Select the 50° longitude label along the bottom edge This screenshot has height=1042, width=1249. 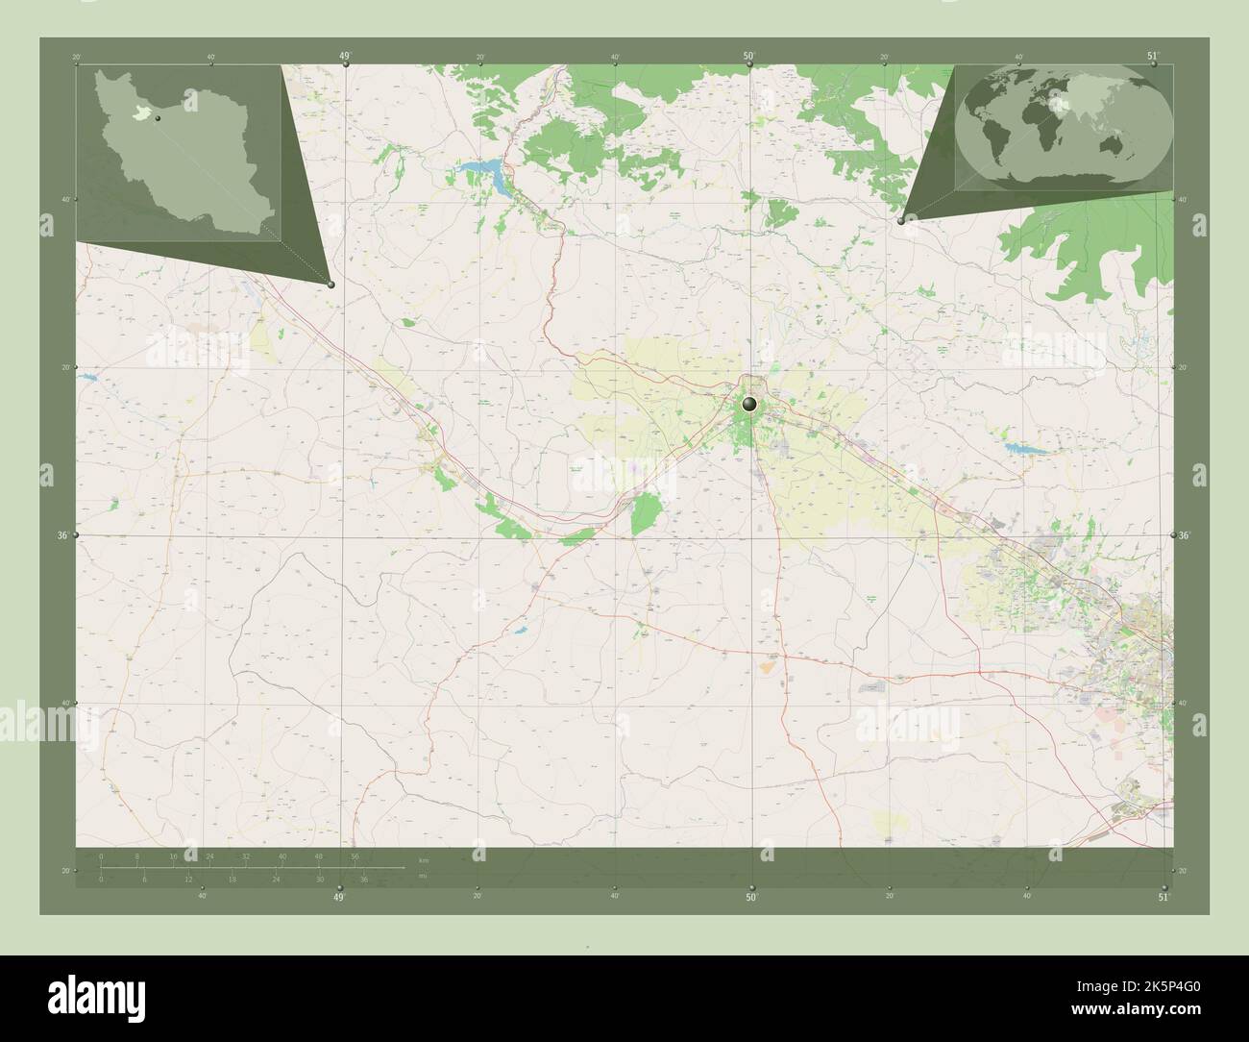(751, 898)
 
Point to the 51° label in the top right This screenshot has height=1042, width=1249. (1153, 56)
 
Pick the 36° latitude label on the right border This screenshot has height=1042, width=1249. (1184, 535)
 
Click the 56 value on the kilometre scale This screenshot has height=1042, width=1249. (355, 856)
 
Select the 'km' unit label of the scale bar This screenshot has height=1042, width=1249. (424, 858)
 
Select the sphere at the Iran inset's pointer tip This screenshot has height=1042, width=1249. (331, 284)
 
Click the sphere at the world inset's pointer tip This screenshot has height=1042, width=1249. (900, 220)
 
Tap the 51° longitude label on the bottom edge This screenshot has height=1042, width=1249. (1163, 898)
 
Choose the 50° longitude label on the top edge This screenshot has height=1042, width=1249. (748, 57)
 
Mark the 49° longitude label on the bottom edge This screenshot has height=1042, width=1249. (338, 898)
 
